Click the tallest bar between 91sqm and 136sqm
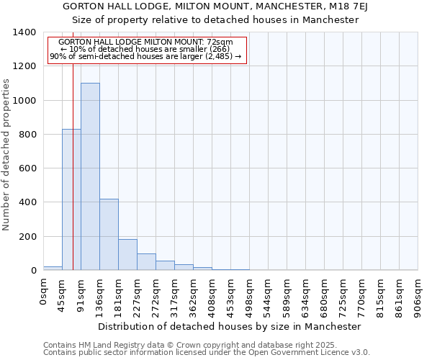pyautogui.click(x=90, y=176)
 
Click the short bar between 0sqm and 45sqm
pyautogui.click(x=53, y=268)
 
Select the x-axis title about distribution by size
pyautogui.click(x=229, y=326)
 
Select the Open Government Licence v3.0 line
pyautogui.click(x=207, y=353)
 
